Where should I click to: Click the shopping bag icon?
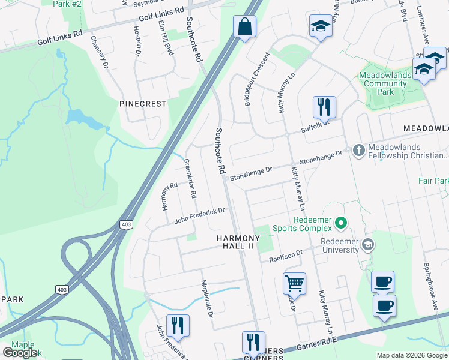click(244, 27)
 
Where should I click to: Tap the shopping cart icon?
click(294, 283)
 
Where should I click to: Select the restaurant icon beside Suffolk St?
click(324, 107)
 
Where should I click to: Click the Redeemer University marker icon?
click(368, 245)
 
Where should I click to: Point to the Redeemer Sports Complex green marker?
click(341, 223)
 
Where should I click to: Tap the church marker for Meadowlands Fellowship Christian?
click(358, 150)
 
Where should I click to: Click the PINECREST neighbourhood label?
click(143, 104)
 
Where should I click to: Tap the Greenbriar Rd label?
click(190, 179)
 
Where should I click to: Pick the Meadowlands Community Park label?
click(385, 83)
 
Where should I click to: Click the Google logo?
click(20, 352)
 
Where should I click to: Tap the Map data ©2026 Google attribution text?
click(411, 355)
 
